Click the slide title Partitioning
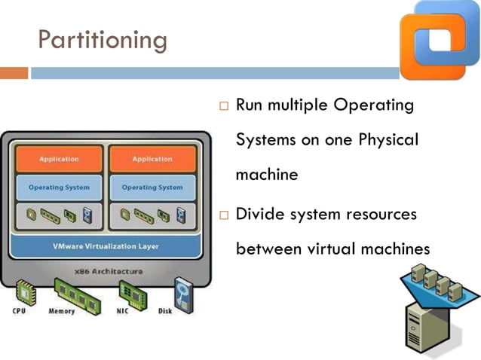pyautogui.click(x=103, y=39)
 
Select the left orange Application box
pyautogui.click(x=59, y=159)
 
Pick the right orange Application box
pyautogui.click(x=152, y=159)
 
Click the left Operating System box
pyautogui.click(x=59, y=188)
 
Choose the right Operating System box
pyautogui.click(x=152, y=188)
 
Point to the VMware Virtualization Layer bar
pyautogui.click(x=106, y=246)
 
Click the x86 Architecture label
pyautogui.click(x=106, y=270)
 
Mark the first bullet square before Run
pyautogui.click(x=223, y=107)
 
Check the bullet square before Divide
pyautogui.click(x=223, y=216)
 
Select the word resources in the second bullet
pyautogui.click(x=380, y=214)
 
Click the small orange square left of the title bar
pyautogui.click(x=14, y=73)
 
